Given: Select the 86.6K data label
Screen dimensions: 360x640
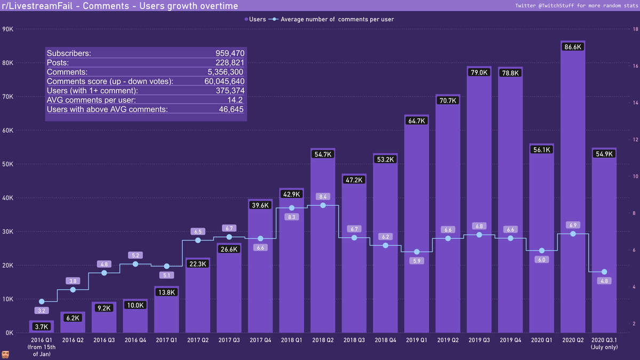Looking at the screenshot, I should point(573,47).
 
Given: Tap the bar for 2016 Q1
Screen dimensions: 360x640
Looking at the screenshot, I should point(42,328).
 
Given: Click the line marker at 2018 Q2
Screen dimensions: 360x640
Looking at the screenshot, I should point(323,205).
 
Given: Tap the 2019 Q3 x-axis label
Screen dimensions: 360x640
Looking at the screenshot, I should point(479,340).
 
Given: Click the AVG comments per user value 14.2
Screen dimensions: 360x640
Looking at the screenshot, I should point(235,100).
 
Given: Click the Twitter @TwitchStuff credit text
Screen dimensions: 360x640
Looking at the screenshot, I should point(575,6).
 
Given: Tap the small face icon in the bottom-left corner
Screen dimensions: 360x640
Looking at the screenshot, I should point(6,355).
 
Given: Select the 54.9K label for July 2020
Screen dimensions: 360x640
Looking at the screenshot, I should point(604,154).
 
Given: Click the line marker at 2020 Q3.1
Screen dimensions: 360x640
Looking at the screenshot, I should point(604,272).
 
